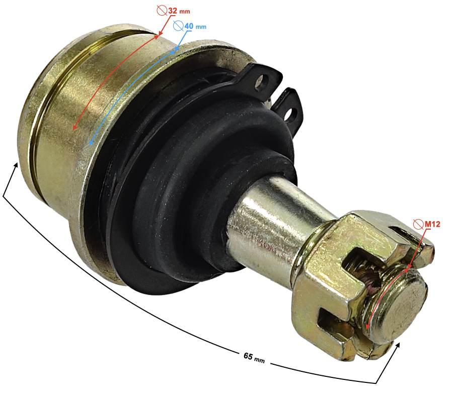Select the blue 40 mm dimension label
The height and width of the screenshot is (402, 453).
[x=195, y=26]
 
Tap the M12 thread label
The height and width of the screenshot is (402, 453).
[x=432, y=224]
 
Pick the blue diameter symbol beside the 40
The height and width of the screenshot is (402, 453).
[x=179, y=26]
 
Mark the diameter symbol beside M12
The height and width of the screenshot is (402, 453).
[x=418, y=224]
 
